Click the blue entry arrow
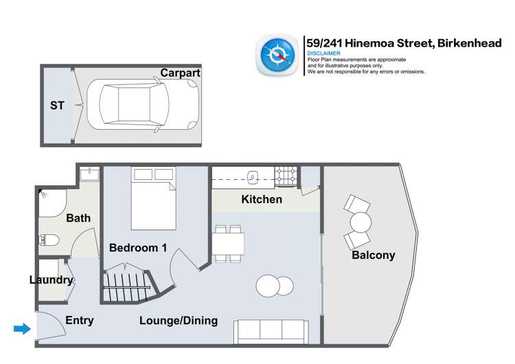click(x=22, y=330)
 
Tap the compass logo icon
click(x=277, y=56)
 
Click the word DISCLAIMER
click(x=324, y=53)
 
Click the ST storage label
click(x=56, y=106)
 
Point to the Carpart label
click(x=179, y=73)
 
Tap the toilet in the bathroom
click(x=49, y=240)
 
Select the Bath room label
click(x=78, y=218)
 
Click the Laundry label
click(x=51, y=280)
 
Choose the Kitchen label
click(x=262, y=200)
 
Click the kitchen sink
click(x=253, y=178)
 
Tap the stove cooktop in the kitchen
click(x=286, y=177)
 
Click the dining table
click(x=229, y=244)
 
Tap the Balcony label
click(x=373, y=255)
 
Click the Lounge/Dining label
click(x=179, y=321)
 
